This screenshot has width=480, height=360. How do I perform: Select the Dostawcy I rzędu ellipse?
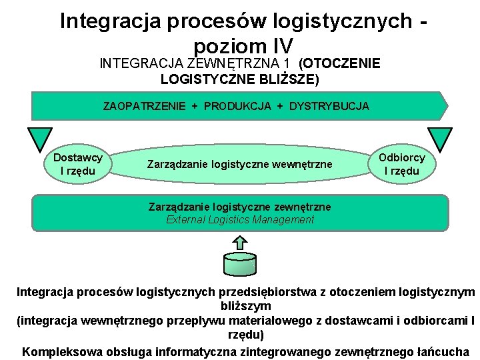pos(77,164)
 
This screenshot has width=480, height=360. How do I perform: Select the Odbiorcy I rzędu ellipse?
pos(401,164)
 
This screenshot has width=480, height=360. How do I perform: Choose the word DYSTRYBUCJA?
pos(329,106)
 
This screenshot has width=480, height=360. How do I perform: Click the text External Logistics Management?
pos(239,219)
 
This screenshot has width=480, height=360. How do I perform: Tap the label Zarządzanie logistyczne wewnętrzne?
pos(239,164)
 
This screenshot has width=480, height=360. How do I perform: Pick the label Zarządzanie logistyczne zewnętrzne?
pos(239,207)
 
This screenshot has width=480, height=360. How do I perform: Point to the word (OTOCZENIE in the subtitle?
pos(340,64)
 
